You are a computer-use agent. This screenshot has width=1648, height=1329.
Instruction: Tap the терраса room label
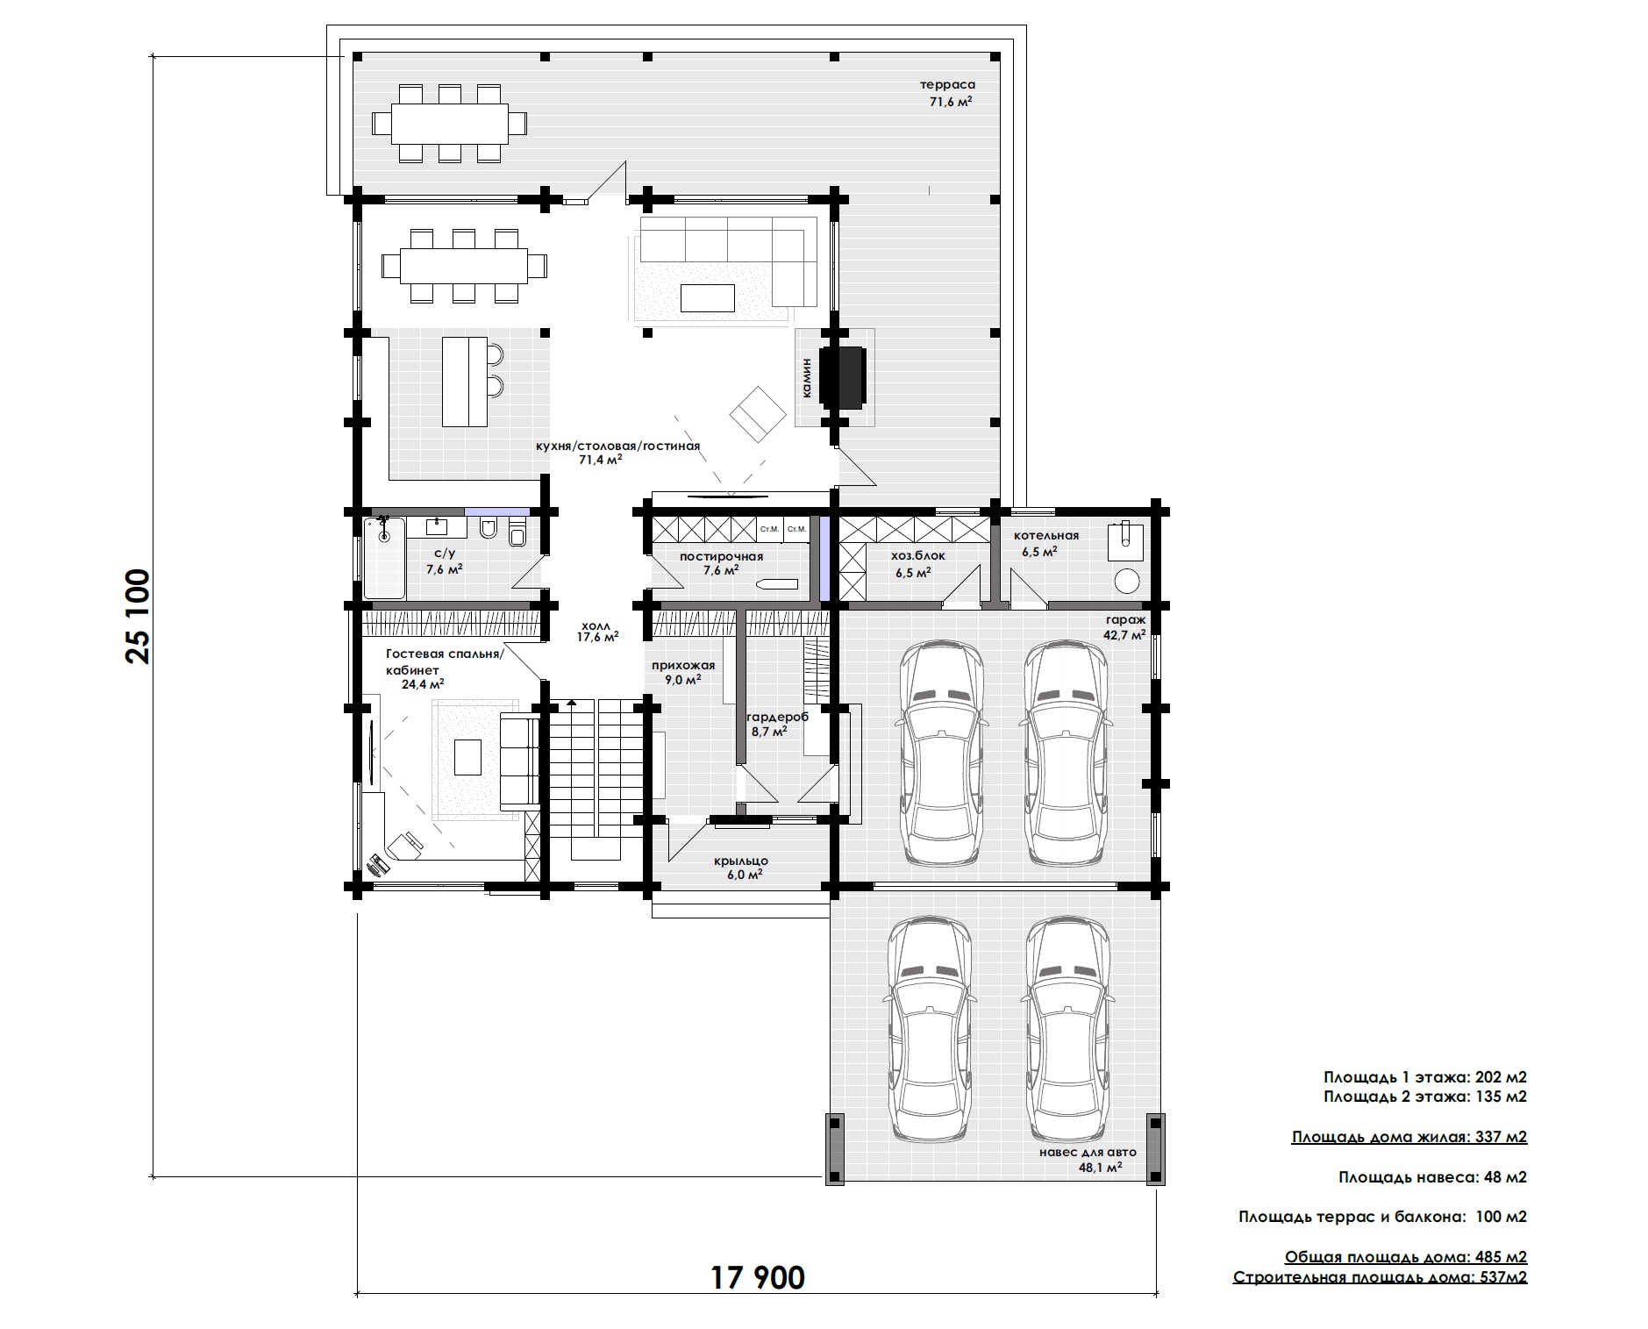(x=947, y=85)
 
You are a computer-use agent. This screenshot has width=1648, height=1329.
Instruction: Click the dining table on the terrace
(x=449, y=124)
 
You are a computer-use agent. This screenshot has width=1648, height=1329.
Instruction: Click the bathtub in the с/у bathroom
(x=384, y=558)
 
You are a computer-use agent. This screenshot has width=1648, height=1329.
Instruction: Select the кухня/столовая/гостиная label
(x=617, y=446)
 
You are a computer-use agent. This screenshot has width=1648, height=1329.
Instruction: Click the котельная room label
(x=1046, y=535)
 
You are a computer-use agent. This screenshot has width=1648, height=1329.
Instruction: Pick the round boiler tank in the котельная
(x=1126, y=580)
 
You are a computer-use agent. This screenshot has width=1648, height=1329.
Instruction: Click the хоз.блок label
(x=918, y=555)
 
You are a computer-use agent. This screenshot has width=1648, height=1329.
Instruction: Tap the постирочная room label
(x=721, y=556)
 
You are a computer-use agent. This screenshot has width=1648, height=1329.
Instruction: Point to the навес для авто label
(x=1087, y=1152)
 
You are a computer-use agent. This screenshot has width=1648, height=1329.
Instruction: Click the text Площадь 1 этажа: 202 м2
(x=1425, y=1077)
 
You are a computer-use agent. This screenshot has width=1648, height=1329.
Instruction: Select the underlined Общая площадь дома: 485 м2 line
(x=1406, y=1256)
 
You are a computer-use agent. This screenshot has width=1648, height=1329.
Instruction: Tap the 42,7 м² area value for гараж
(x=1126, y=635)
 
